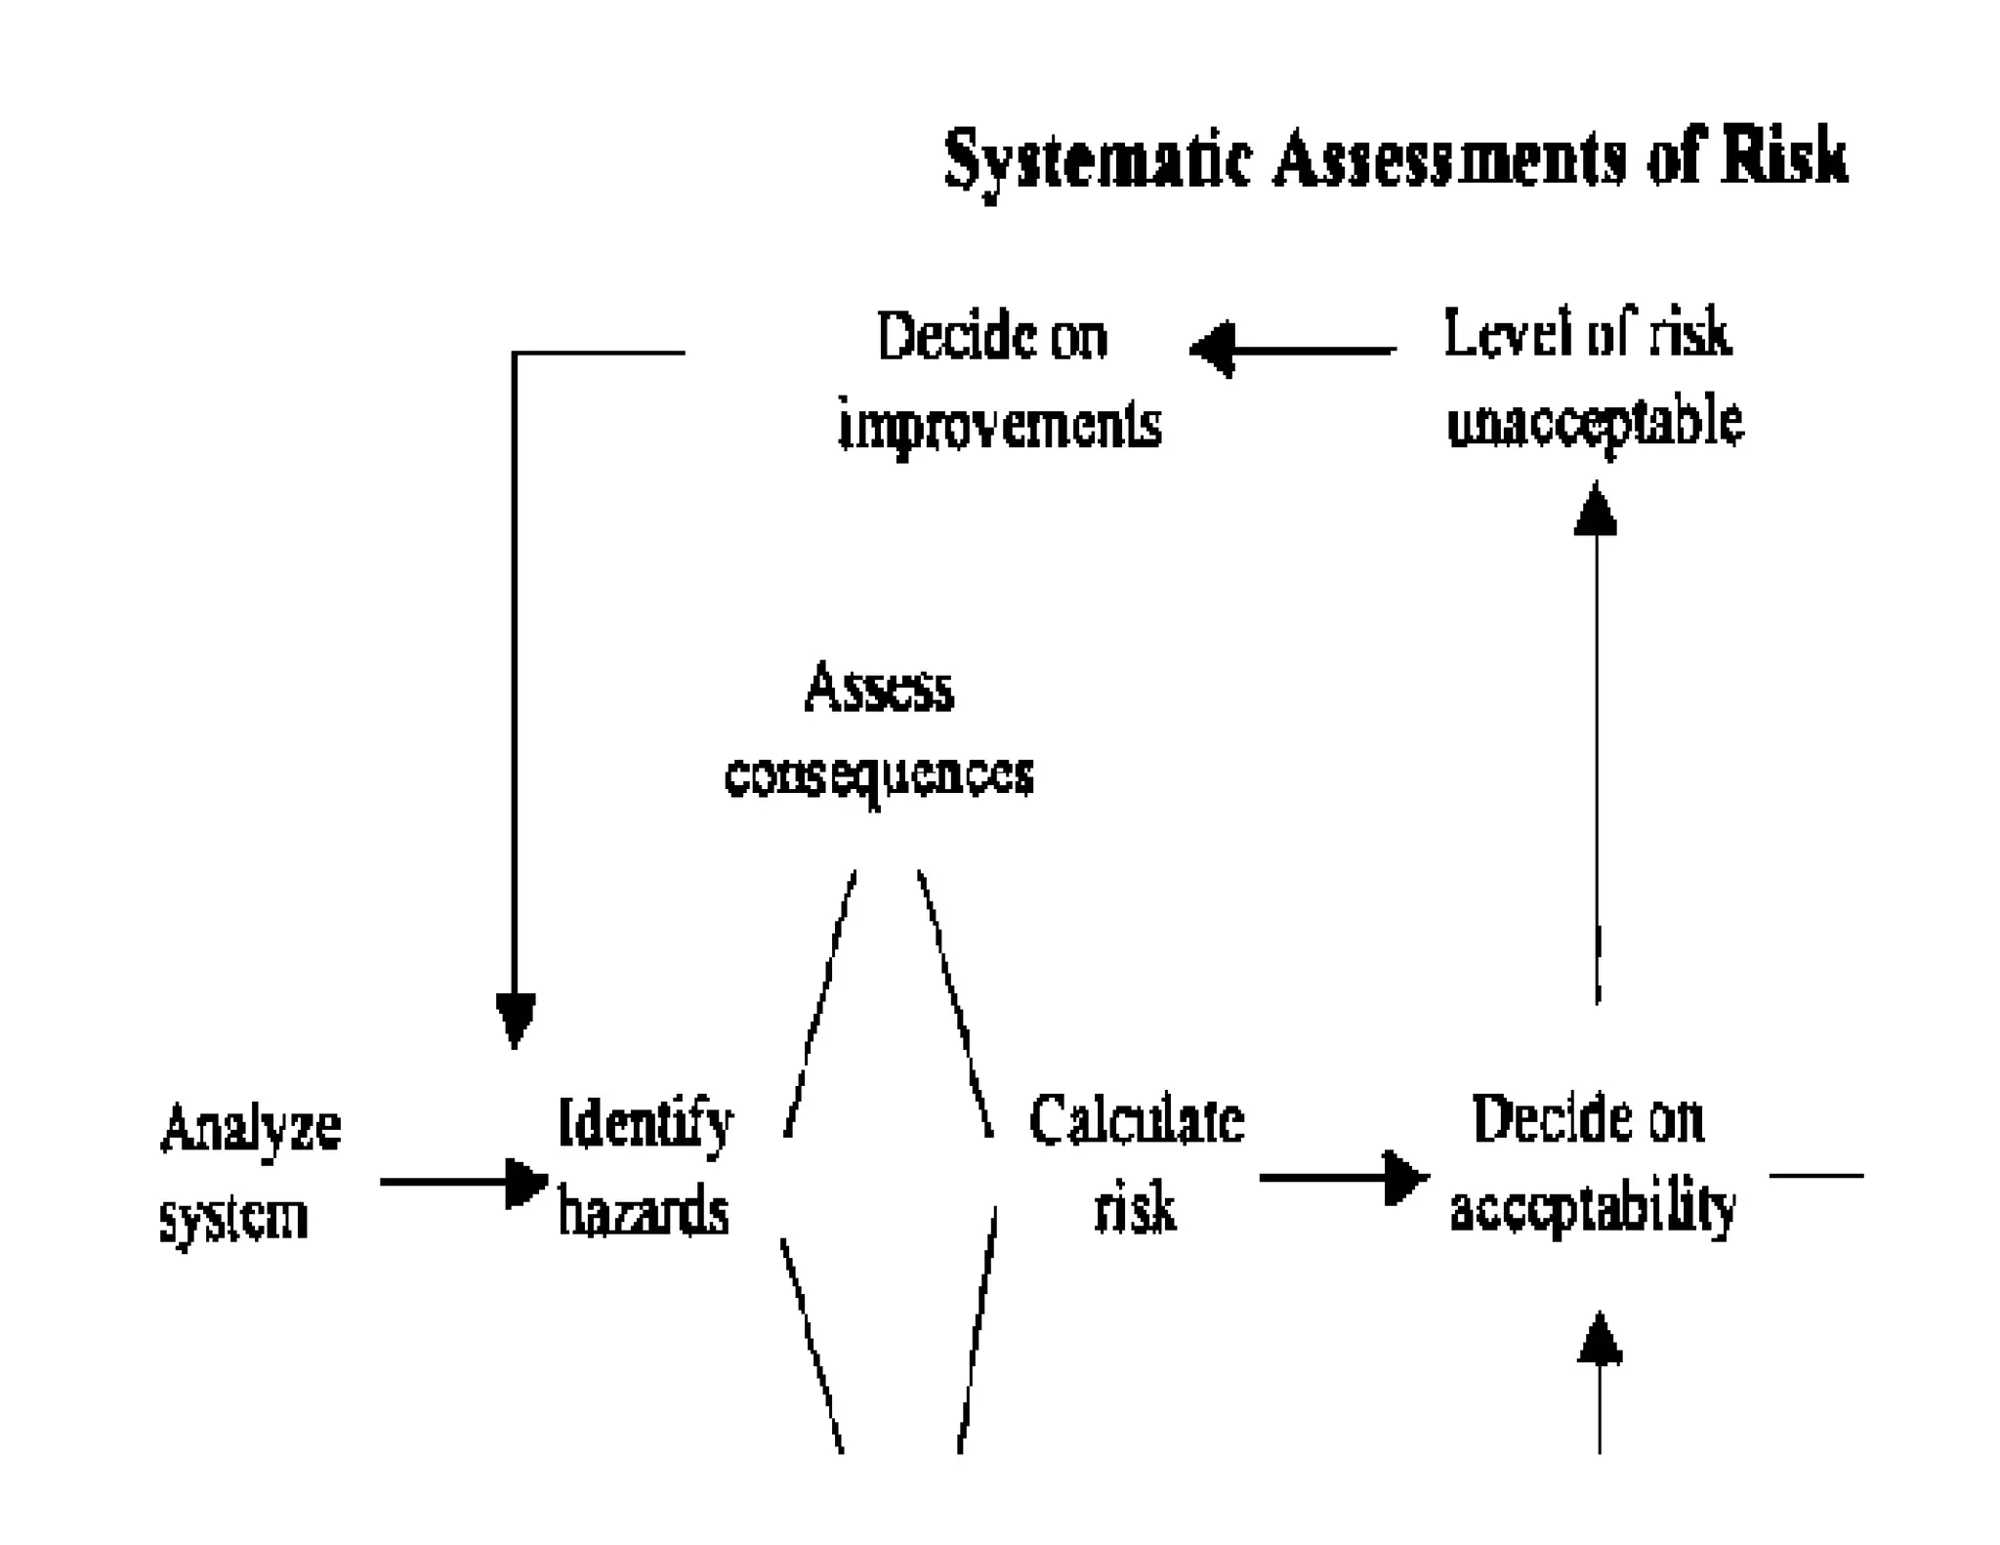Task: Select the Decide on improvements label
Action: point(998,381)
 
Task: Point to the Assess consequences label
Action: point(879,731)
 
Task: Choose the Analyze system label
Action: point(249,1172)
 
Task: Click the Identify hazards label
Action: point(645,1166)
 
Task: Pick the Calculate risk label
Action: point(1137,1164)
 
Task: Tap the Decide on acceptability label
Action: point(1592,1163)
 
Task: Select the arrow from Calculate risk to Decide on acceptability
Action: point(1343,1177)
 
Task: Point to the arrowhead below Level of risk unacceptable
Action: point(1596,511)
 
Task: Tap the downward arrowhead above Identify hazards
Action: point(515,1019)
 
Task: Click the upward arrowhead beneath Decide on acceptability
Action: point(1600,1340)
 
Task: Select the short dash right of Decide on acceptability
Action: point(1816,1175)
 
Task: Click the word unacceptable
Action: point(1595,423)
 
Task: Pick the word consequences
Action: point(879,776)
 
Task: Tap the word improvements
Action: point(1000,426)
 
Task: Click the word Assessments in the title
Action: point(1449,159)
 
